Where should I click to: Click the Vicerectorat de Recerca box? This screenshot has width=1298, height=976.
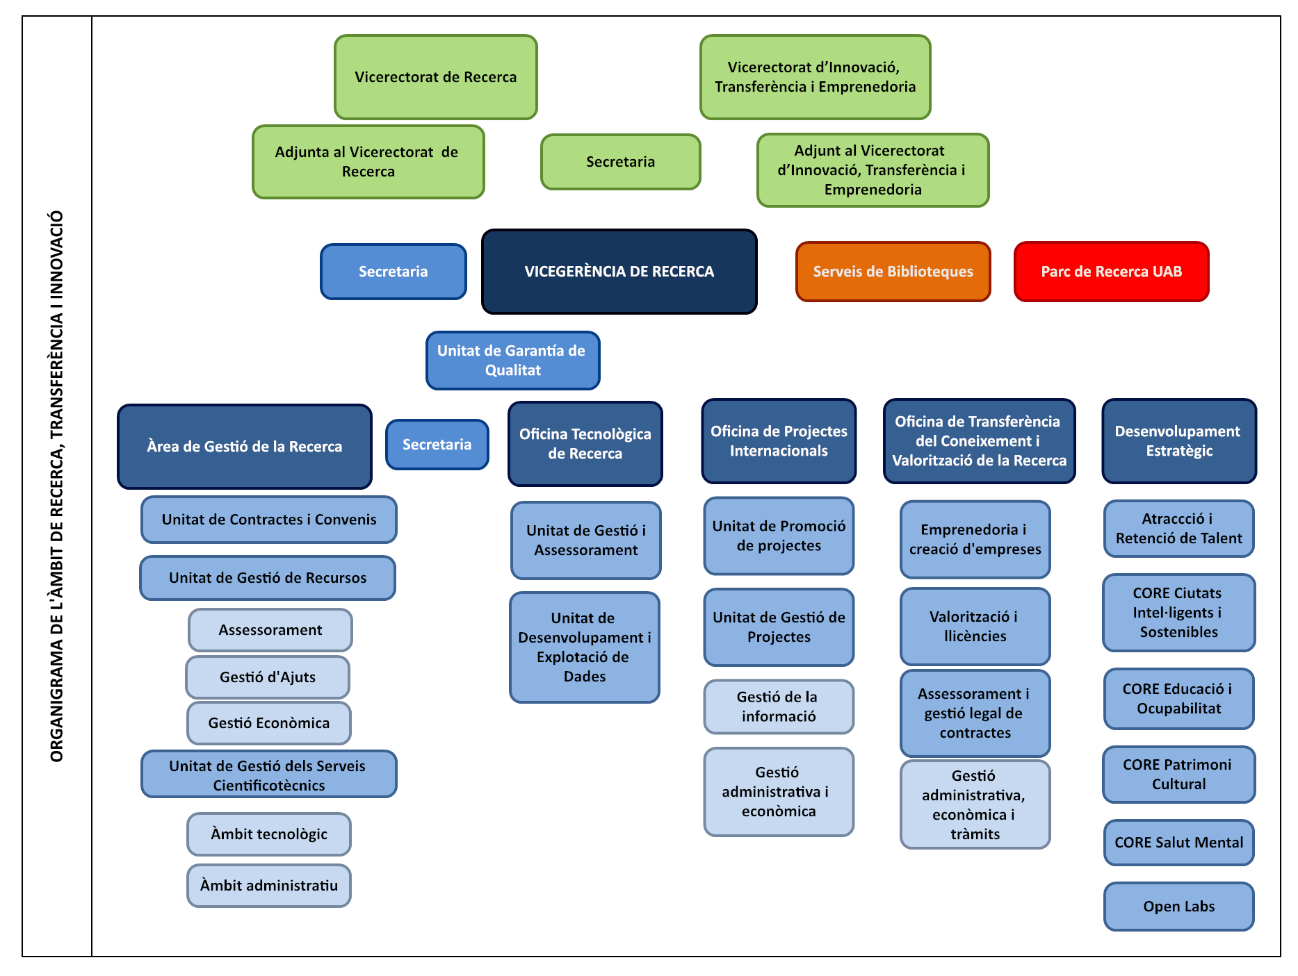coord(436,77)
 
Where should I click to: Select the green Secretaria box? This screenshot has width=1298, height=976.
coord(620,162)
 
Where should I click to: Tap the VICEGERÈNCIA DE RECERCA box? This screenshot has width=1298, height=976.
coord(619,272)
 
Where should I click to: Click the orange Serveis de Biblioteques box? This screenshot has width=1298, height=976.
coord(893,272)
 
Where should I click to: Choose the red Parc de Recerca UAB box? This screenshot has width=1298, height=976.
coord(1111,272)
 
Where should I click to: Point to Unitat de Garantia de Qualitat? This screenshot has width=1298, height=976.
coord(512,361)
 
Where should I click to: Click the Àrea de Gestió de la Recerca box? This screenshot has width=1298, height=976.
coord(245,447)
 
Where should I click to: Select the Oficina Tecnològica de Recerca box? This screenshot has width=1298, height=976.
coord(585,444)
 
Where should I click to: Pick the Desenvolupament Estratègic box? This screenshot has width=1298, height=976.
coord(1178,441)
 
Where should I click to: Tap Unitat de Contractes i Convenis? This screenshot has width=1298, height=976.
coord(269,520)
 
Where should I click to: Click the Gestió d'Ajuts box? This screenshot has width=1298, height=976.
coord(268,677)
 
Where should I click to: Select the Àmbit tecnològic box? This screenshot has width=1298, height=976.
coord(269,834)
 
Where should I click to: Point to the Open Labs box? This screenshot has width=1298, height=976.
coord(1178,907)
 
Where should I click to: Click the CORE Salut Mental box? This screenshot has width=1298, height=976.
coord(1178,843)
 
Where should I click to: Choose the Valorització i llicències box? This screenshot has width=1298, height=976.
coord(975,627)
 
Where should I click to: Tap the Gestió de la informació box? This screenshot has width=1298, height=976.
coord(778,706)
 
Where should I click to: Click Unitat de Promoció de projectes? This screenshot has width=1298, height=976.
coord(779,536)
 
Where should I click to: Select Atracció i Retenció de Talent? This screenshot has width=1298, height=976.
coord(1178,529)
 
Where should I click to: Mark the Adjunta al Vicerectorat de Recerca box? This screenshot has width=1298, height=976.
coord(368,162)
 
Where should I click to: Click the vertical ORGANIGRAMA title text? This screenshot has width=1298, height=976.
coord(57,486)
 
